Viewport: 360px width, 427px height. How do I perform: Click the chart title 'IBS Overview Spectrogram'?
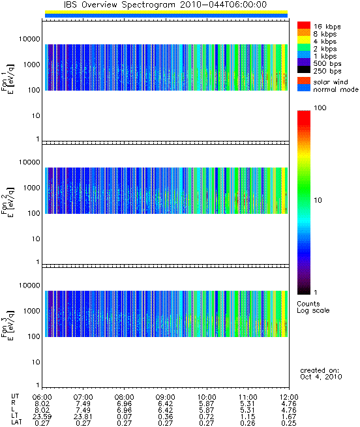click(119, 5)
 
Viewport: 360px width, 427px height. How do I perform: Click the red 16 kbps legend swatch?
click(304, 25)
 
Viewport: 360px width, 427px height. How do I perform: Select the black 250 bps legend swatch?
click(304, 70)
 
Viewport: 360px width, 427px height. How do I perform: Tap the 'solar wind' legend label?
click(331, 82)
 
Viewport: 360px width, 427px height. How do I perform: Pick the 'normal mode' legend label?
click(336, 89)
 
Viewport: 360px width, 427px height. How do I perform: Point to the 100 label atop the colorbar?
click(320, 108)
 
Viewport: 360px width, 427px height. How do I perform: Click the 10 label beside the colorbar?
click(318, 200)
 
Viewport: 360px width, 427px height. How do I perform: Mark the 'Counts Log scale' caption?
click(313, 307)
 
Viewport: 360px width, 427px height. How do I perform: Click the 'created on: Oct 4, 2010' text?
click(321, 374)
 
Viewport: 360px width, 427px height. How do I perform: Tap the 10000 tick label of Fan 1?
click(29, 39)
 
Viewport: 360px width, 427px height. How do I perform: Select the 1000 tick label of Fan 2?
click(31, 188)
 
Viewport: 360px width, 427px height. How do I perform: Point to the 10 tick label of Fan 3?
click(36, 362)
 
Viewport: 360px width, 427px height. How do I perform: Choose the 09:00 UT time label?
click(165, 397)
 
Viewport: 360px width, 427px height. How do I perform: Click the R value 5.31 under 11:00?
click(247, 404)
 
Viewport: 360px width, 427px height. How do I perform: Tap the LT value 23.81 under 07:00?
click(83, 417)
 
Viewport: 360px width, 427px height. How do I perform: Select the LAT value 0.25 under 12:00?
click(289, 423)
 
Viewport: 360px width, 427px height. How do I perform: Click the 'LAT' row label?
click(16, 422)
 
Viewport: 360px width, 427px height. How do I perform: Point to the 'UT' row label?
click(15, 396)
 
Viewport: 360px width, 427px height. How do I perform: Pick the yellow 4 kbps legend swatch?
click(304, 40)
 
